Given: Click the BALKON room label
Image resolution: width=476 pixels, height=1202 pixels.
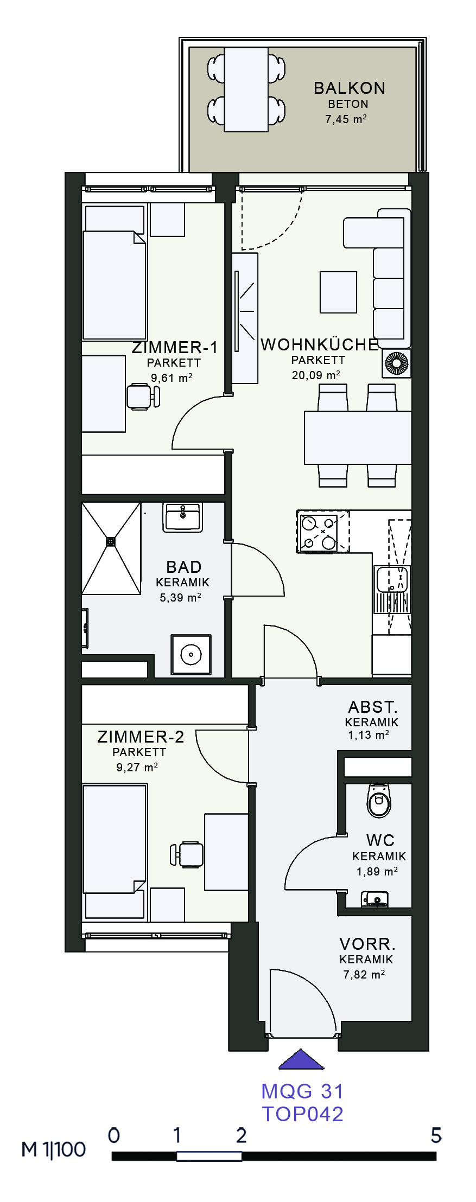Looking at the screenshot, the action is pos(349,88).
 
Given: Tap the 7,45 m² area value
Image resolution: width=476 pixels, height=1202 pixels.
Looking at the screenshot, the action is pos(346,119).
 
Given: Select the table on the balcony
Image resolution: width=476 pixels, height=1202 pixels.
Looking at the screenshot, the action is pos(246,89).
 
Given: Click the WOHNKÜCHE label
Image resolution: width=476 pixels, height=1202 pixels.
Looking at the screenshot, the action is pos(319,344).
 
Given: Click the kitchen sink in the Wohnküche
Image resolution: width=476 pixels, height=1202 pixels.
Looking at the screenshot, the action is pos(392,579).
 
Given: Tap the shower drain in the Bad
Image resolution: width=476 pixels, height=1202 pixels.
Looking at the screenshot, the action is pos(111,541).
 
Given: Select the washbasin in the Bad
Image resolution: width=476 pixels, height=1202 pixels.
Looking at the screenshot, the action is pos(183,517).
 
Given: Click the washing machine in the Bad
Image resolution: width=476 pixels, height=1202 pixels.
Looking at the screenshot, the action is pos(191,655).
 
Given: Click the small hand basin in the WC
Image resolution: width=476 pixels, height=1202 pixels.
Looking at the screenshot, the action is pos(375,899).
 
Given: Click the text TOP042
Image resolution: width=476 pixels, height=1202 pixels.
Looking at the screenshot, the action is pos(303,1114).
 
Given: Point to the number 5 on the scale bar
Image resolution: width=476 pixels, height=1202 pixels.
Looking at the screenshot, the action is pos(436,1135).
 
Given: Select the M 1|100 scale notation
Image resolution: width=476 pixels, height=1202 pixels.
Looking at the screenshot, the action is pos(53,1149).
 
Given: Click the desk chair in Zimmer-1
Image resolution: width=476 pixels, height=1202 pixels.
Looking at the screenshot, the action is pos(143,396).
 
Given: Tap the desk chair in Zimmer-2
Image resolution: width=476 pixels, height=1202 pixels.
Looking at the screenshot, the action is pos(187,854).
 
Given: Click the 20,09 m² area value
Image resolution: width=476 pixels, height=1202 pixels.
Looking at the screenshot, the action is pos(316,375).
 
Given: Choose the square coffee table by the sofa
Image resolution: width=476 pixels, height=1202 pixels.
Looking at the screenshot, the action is pos(338,292).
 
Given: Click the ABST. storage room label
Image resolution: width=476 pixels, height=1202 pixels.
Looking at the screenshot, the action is pos(373,707).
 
